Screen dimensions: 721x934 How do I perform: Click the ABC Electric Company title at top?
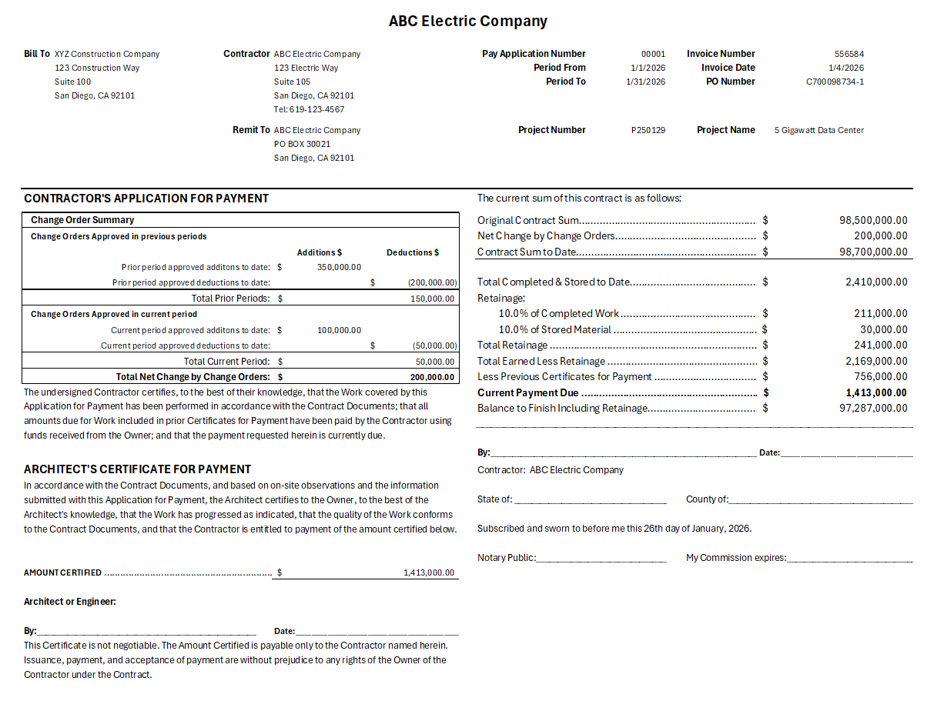[x=467, y=22]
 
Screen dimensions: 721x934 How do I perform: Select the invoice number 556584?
[x=849, y=54]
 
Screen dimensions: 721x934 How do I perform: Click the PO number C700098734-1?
[x=835, y=82]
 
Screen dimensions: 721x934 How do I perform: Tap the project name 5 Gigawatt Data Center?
[x=819, y=130]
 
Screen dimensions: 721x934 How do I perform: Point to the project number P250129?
[x=648, y=130]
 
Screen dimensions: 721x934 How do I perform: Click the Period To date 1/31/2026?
[x=645, y=82]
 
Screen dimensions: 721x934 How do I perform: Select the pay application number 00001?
[x=653, y=54]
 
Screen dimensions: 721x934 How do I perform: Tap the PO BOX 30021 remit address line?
[x=302, y=144]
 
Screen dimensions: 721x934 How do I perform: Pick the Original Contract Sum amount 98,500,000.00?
[x=873, y=220]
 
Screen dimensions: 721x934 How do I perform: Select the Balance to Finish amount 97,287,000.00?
[x=873, y=408]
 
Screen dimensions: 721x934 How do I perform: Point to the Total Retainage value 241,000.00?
[x=880, y=345]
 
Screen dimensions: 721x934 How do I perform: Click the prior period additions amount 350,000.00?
[x=339, y=267]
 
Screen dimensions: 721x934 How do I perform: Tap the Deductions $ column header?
[x=413, y=252]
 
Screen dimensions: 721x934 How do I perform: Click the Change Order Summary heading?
[x=82, y=220]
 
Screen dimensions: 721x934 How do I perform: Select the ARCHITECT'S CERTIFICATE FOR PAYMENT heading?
[x=137, y=469]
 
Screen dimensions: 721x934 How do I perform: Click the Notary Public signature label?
[x=506, y=557]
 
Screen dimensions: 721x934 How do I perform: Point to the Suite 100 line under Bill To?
[x=72, y=82]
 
